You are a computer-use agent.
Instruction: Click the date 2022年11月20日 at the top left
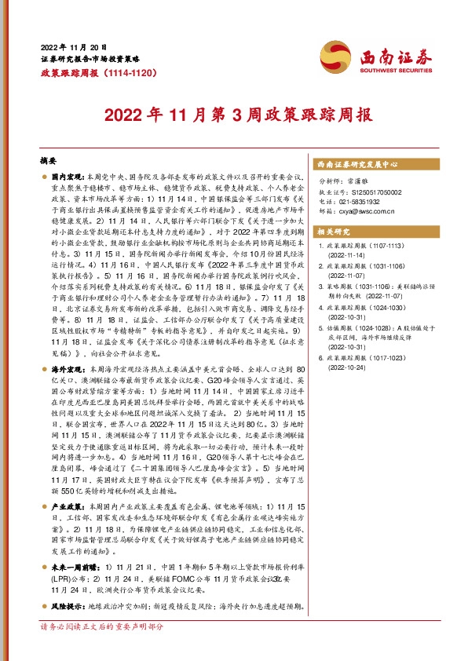pyautogui.click(x=74, y=47)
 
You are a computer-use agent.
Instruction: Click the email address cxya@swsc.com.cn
pyautogui.click(x=371, y=210)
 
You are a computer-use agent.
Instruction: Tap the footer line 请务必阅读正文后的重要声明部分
pyautogui.click(x=101, y=649)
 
